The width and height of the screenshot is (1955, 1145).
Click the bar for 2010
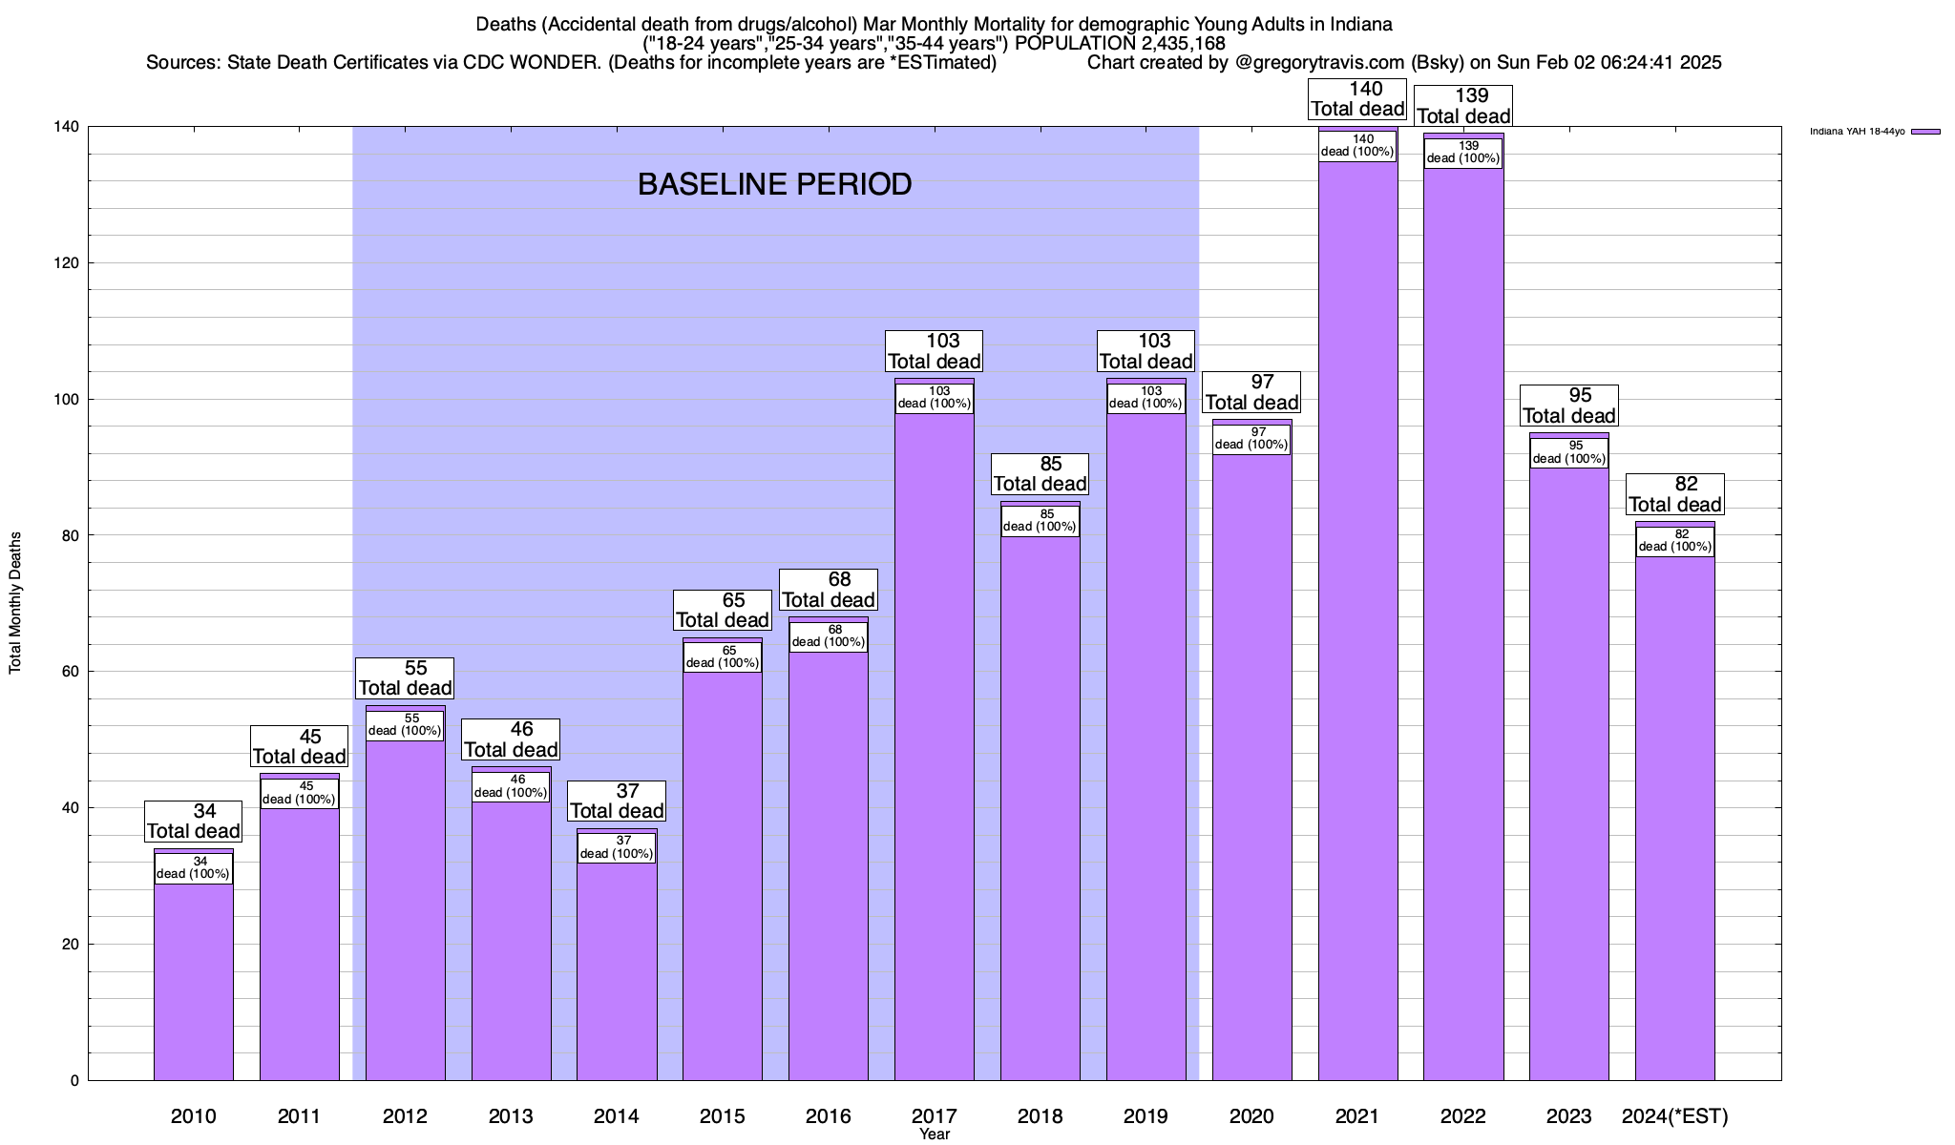(x=193, y=983)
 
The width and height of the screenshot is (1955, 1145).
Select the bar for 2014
(x=617, y=973)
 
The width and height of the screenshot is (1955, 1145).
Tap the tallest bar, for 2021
(x=1357, y=620)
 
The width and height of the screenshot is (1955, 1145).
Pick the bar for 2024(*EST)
(x=1674, y=821)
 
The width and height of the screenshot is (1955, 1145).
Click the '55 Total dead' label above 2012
(x=405, y=678)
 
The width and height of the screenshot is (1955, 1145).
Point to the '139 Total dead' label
(x=1463, y=106)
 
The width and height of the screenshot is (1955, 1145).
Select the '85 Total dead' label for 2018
(x=1040, y=474)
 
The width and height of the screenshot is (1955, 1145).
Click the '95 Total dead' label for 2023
(x=1568, y=406)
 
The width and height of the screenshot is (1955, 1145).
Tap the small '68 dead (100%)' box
(x=829, y=636)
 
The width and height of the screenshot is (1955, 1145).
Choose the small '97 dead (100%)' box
(x=1251, y=438)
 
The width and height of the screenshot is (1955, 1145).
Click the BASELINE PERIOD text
(x=774, y=184)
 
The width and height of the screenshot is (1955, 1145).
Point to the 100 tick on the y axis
(x=69, y=400)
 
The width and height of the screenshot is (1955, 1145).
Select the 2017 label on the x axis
(x=935, y=1115)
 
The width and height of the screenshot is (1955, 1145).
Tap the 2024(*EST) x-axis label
(x=1674, y=1115)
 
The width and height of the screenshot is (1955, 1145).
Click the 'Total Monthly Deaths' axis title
(x=15, y=602)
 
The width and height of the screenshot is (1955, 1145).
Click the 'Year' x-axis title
(x=935, y=1135)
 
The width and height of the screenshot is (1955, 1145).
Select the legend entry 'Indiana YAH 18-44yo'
(x=1857, y=132)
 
